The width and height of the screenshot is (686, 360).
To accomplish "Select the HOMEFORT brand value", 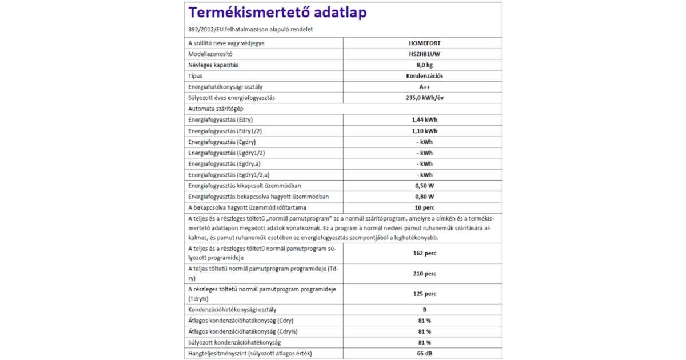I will (423, 43).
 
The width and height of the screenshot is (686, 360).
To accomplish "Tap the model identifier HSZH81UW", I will (423, 54).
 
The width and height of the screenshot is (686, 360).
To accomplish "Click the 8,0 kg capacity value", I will (423, 65).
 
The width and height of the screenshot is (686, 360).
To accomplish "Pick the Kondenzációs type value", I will (423, 75).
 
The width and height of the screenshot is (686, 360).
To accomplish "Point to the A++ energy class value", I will (424, 87).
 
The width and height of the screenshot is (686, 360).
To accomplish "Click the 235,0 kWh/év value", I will (423, 98).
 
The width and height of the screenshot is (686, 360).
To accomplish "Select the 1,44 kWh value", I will (423, 120).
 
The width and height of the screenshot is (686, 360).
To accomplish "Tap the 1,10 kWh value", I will (423, 131).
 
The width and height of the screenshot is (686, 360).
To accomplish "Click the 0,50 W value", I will (423, 186).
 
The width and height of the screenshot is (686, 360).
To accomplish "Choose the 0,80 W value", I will (423, 197).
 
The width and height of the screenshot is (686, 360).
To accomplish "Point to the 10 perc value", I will (423, 208).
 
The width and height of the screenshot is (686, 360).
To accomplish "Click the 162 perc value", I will (423, 253).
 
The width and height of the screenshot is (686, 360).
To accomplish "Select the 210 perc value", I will (423, 274).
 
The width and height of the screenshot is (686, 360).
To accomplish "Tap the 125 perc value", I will (423, 294).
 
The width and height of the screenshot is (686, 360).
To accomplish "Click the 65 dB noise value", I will (423, 354).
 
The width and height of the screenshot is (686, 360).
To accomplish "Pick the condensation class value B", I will (424, 310).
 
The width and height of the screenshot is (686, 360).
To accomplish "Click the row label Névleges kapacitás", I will (213, 65).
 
